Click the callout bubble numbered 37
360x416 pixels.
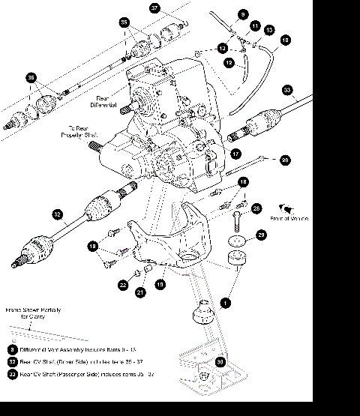coord(155,9)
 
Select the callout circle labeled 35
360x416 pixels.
coord(124,23)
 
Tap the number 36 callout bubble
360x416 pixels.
coord(31,77)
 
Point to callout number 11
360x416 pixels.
coord(255,26)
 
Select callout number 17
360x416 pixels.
coord(235,154)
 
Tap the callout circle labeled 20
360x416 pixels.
coord(284,160)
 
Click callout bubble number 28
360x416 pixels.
coord(256,208)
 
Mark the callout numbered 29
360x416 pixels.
coord(261,235)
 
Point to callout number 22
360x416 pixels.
coord(122,284)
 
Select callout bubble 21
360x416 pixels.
coord(139,292)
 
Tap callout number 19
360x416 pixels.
coord(160,284)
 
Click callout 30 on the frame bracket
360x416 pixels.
coord(220,361)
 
